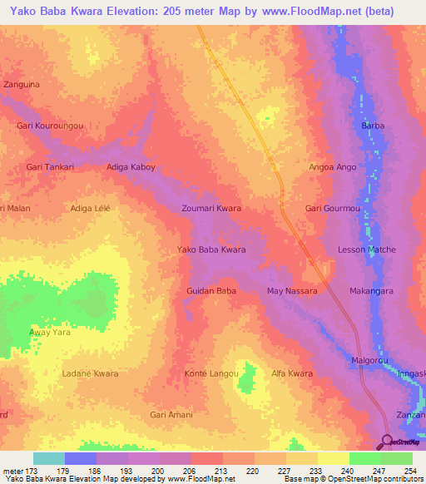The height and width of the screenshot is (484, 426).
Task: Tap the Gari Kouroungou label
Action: pos(50,126)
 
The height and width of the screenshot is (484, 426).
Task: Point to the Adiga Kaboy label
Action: pos(131,167)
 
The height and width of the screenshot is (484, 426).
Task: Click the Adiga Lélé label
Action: pos(90,208)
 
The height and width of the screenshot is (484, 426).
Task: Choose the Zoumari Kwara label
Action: pos(211,208)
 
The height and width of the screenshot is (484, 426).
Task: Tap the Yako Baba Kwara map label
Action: pos(211,249)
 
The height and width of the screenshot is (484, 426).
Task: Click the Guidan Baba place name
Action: pos(211,291)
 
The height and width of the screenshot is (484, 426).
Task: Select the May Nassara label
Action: pos(291,291)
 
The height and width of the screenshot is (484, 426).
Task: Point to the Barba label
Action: pos(373,126)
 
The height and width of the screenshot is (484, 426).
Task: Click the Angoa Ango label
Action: pos(332,167)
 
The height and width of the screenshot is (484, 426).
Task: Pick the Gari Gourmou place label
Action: pos(333,208)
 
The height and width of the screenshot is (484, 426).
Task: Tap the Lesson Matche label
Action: pos(366,249)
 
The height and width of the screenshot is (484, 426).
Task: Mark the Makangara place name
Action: pos(371,291)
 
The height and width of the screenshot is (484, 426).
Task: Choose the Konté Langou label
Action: pos(211,373)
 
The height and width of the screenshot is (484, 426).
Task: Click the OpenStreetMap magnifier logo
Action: pos(387,442)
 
